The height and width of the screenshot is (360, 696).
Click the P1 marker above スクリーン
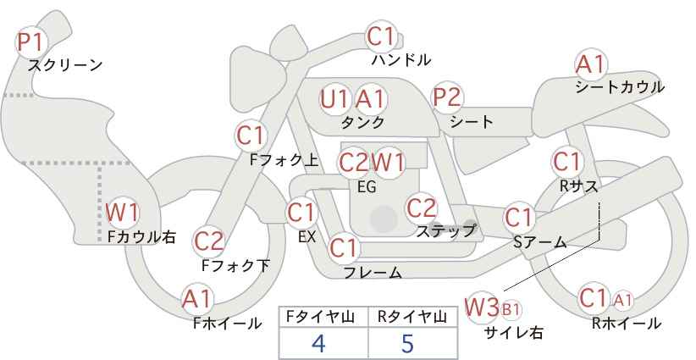tap(30, 42)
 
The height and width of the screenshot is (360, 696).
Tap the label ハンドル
tap(400, 59)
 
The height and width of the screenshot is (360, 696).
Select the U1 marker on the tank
tap(334, 98)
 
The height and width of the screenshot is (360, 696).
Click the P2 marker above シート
tap(447, 97)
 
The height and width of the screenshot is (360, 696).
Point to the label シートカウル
tap(620, 86)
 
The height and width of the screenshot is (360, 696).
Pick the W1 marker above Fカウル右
tap(122, 213)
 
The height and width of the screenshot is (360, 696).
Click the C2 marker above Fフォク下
tap(209, 241)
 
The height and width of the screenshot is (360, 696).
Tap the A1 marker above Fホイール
tap(197, 300)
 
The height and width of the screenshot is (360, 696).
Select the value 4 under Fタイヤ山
tap(318, 343)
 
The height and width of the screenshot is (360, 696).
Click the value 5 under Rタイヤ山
tap(407, 343)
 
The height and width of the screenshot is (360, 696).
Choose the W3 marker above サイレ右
tap(481, 307)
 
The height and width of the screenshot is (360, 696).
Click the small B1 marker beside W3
tap(510, 309)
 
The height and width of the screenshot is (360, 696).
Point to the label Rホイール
tap(627, 324)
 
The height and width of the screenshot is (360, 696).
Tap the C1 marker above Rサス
tap(566, 162)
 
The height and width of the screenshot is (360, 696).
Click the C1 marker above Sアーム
tap(518, 218)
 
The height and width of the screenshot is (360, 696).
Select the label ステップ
tap(445, 231)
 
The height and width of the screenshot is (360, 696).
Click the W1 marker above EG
tap(388, 163)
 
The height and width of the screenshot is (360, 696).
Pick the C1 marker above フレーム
tap(344, 247)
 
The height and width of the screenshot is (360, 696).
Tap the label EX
tap(307, 237)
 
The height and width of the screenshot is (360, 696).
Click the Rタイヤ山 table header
tap(412, 317)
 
